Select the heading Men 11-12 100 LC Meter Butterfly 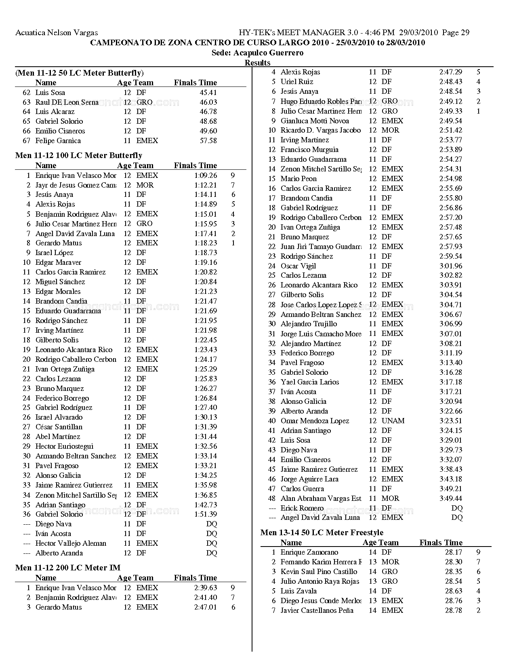tap(79, 156)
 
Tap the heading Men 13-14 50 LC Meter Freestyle tap(322, 533)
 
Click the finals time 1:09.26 tap(206, 175)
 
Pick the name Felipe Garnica tap(58, 141)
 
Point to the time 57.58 tap(208, 141)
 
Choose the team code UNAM tap(393, 421)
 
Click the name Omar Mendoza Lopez tap(315, 421)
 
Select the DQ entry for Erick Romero tap(457, 508)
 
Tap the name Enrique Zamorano tap(309, 552)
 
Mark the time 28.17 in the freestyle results tap(454, 552)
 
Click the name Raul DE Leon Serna tap(67, 102)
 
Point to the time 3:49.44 tap(451, 498)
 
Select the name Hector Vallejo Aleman tap(71, 543)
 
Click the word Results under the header tap(257, 63)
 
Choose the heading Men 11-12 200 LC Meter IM tap(68, 568)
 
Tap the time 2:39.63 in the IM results tap(206, 588)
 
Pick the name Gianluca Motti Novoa tap(315, 121)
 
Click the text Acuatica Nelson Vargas tap(57, 33)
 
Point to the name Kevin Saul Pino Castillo tap(319, 572)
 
